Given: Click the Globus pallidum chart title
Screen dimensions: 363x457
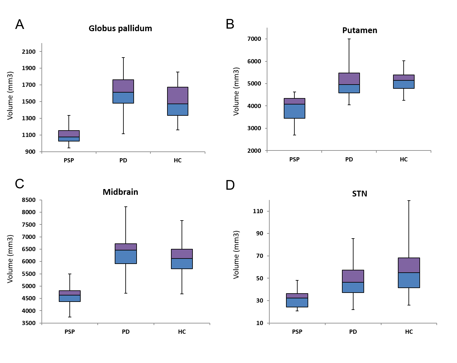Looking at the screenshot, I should click(120, 28).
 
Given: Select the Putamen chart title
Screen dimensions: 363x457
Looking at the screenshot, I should click(360, 30).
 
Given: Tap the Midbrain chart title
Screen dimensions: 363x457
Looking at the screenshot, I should click(120, 192).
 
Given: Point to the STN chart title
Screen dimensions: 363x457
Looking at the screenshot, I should click(360, 194).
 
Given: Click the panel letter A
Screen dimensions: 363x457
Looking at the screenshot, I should click(20, 24).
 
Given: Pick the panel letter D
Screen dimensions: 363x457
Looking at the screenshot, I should click(230, 185).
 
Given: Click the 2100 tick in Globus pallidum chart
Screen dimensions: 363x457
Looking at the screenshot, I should click(29, 51).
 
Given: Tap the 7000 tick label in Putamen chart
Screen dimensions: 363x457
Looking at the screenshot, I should click(254, 39).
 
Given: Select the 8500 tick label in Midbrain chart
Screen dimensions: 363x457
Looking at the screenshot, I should click(29, 200).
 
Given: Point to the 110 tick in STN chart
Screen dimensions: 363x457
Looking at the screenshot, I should click(258, 211).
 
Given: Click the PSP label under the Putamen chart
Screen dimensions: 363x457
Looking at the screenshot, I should click(294, 159).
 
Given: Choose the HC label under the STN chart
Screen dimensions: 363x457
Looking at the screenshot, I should click(409, 332).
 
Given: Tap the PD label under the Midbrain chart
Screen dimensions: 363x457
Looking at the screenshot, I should click(126, 332).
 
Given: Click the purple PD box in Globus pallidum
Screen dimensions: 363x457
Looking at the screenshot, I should click(123, 86).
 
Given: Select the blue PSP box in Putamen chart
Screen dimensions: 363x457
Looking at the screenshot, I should click(294, 111).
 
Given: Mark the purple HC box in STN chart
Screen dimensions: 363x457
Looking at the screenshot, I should click(409, 265).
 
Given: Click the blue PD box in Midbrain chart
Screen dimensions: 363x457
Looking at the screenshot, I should click(126, 257).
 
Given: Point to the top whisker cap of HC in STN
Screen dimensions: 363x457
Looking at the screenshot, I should click(409, 201).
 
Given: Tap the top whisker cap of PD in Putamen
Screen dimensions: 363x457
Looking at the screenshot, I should click(349, 39).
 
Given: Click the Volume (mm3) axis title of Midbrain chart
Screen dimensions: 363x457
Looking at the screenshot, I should click(10, 259).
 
